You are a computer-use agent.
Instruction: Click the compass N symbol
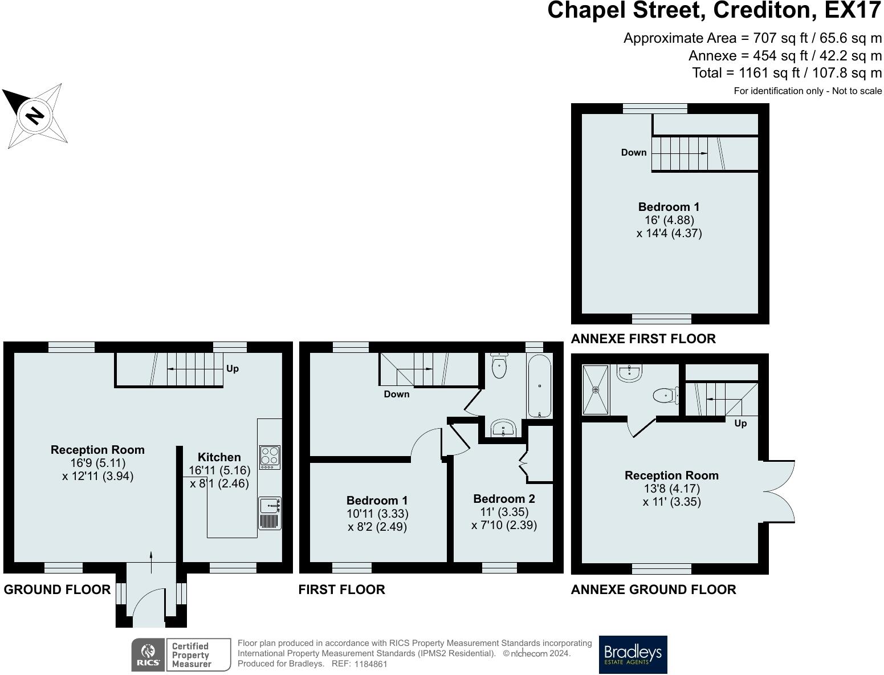pyautogui.click(x=35, y=116)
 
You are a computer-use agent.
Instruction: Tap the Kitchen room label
pyautogui.click(x=219, y=457)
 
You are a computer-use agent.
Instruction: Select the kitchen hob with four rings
pyautogui.click(x=270, y=457)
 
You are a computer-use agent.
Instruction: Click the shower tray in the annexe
pyautogui.click(x=595, y=389)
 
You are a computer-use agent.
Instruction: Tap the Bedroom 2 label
pyautogui.click(x=504, y=499)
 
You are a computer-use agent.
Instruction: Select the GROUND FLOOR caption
pyautogui.click(x=57, y=589)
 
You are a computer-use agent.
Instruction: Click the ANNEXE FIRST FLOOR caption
pyautogui.click(x=643, y=339)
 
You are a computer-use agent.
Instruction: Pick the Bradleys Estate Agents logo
pyautogui.click(x=633, y=655)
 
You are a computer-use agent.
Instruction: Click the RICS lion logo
pyautogui.click(x=148, y=655)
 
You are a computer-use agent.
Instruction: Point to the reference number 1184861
pyautogui.click(x=370, y=664)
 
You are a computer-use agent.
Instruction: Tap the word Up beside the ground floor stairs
pyautogui.click(x=233, y=368)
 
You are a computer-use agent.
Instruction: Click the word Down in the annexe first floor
pyautogui.click(x=633, y=152)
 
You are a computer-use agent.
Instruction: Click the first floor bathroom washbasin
pyautogui.click(x=503, y=428)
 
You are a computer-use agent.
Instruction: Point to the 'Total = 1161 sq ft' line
pyautogui.click(x=787, y=73)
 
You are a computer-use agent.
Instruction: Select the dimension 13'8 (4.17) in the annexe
pyautogui.click(x=672, y=489)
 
